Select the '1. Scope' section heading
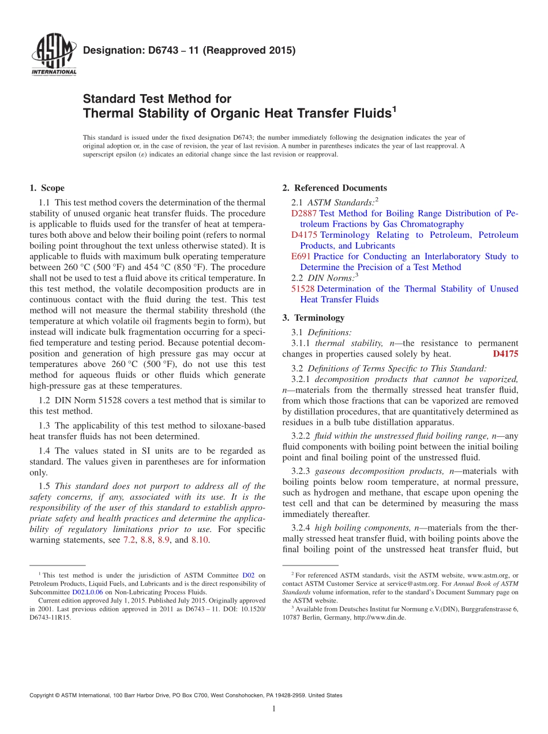[47, 188]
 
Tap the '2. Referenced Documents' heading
[335, 188]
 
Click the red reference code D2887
[304, 214]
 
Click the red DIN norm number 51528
[303, 289]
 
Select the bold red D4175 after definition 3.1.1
[505, 354]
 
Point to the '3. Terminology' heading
[314, 318]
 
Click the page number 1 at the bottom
[274, 709]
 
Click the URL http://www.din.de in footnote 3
[383, 617]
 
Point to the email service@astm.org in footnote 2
[409, 583]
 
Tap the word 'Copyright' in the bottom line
[43, 695]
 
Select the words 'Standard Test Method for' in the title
[157, 99]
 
